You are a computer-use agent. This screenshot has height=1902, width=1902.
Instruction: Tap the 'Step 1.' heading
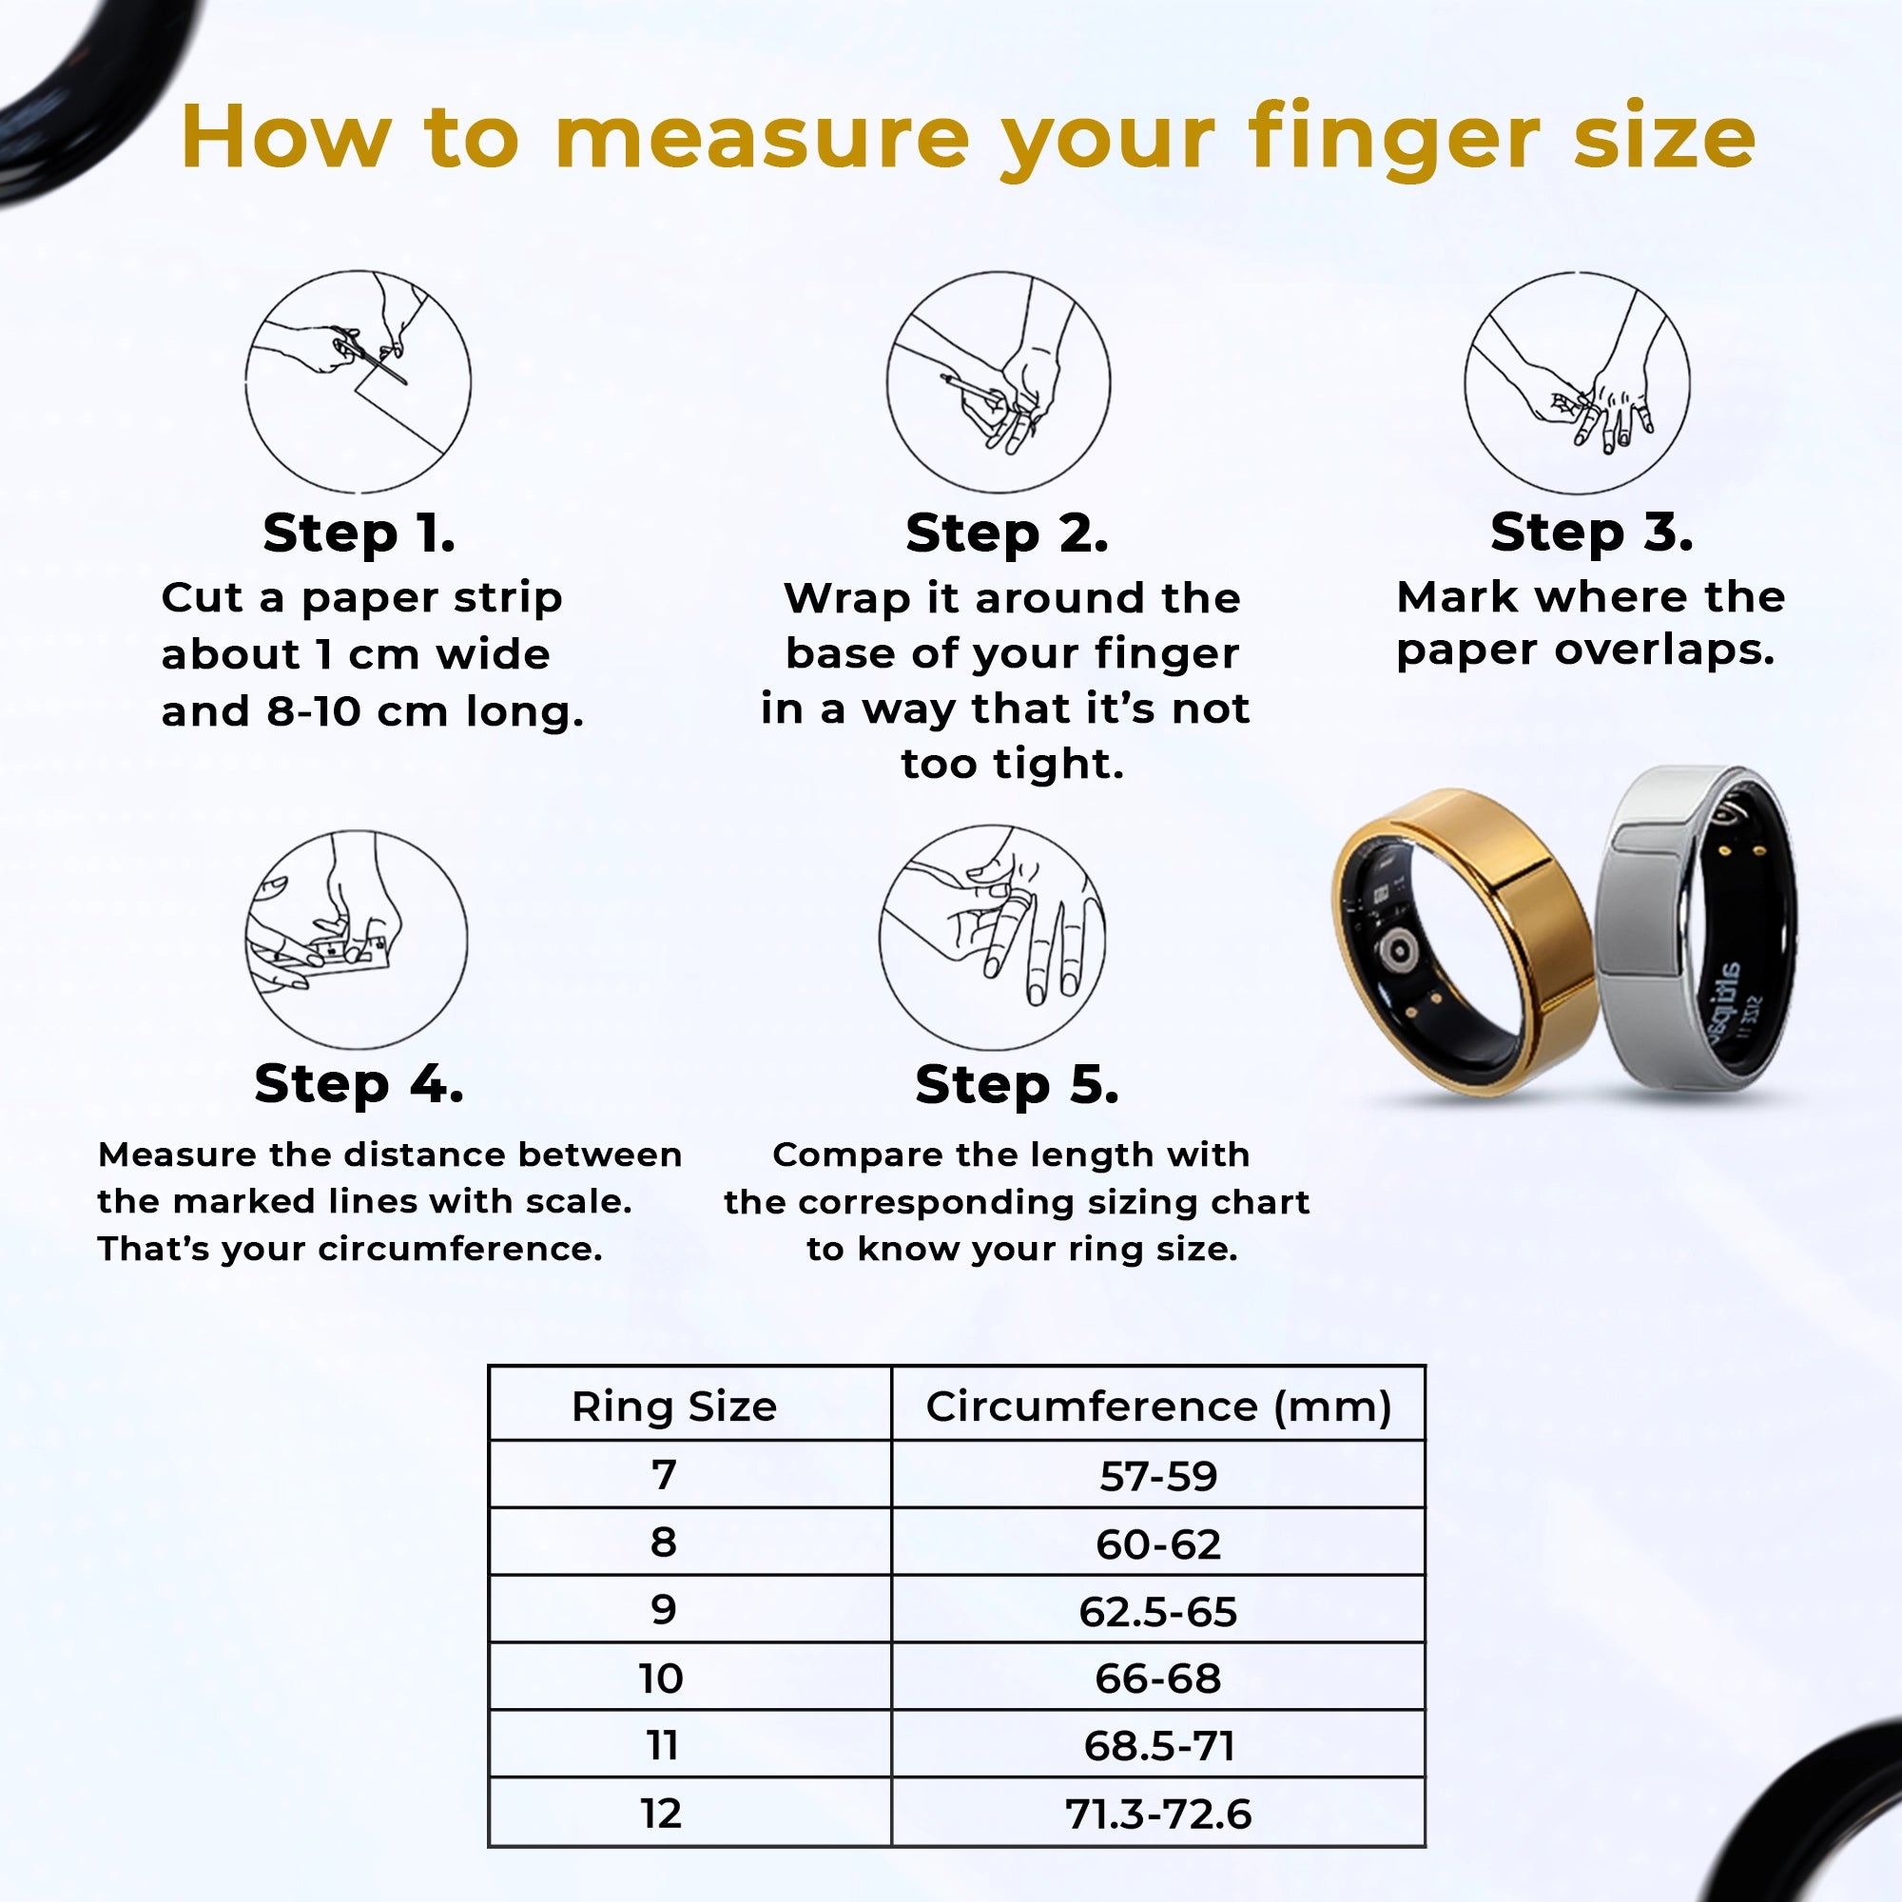point(359,534)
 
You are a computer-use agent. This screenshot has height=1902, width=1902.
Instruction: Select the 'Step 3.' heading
point(1591,533)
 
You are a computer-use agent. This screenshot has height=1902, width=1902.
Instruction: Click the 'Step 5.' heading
point(1016,1085)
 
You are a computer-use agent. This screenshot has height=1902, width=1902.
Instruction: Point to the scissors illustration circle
point(358,382)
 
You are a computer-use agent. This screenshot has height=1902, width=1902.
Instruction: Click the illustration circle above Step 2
point(998,382)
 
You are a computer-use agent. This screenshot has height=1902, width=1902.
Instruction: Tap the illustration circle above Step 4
point(357,940)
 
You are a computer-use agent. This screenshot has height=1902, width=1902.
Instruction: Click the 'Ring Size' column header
point(674,1407)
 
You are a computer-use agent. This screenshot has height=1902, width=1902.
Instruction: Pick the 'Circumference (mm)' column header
point(1157,1407)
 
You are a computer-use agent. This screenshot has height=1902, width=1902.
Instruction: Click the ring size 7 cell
point(664,1475)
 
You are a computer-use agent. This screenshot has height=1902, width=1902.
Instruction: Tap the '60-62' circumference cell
point(1157,1543)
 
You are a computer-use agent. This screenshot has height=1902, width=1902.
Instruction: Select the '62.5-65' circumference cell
point(1157,1612)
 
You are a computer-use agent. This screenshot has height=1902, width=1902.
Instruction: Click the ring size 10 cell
point(661,1679)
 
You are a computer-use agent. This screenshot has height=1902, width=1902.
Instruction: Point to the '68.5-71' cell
point(1157,1745)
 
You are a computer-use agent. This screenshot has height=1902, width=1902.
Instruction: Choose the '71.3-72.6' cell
point(1157,1814)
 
